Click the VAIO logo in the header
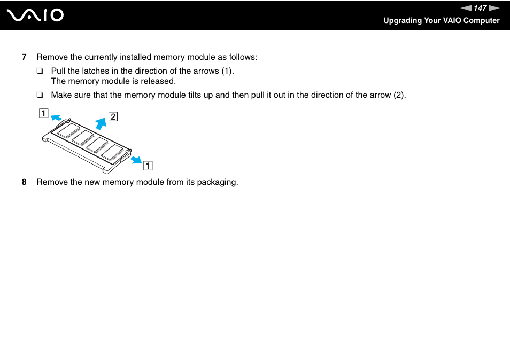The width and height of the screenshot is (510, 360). click(36, 15)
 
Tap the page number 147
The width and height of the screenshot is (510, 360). click(480, 8)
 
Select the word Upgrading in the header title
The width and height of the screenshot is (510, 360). click(402, 21)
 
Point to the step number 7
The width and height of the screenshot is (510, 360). click(24, 57)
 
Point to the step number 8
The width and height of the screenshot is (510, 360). click(24, 182)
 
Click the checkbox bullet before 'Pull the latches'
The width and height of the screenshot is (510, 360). click(40, 71)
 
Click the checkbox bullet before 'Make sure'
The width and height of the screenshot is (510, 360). click(40, 96)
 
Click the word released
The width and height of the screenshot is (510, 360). click(158, 81)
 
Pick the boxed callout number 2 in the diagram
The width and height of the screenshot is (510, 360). click(113, 116)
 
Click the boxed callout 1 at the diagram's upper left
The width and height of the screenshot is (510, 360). click(42, 113)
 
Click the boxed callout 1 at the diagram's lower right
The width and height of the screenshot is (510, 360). click(146, 165)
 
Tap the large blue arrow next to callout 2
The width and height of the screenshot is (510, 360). click(101, 123)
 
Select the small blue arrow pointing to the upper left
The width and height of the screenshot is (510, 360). click(56, 119)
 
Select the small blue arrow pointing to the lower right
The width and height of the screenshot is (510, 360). click(136, 159)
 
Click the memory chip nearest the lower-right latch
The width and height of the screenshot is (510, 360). click(112, 153)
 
